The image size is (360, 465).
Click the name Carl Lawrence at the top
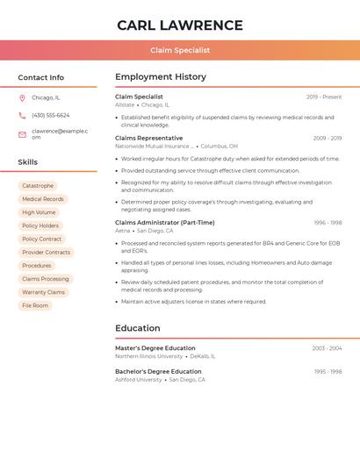pyautogui.click(x=180, y=25)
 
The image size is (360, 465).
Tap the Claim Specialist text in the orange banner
pyautogui.click(x=180, y=51)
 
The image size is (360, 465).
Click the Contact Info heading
pyautogui.click(x=40, y=77)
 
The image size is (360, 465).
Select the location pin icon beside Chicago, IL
pyautogui.click(x=22, y=98)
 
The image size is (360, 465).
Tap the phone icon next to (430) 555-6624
pyautogui.click(x=22, y=116)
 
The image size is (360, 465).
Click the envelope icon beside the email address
pyautogui.click(x=22, y=134)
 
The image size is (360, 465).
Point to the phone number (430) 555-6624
pyautogui.click(x=50, y=116)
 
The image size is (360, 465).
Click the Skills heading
pyautogui.click(x=27, y=162)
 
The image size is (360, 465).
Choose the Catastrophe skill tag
pyautogui.click(x=38, y=186)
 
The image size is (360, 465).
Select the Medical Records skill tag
pyautogui.click(x=43, y=199)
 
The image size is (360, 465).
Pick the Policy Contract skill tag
pyautogui.click(x=41, y=239)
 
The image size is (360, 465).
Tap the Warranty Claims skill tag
pyautogui.click(x=43, y=292)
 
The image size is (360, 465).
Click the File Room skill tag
pyautogui.click(x=35, y=305)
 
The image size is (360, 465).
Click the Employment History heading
pyautogui.click(x=161, y=77)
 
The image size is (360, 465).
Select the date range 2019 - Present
pyautogui.click(x=324, y=97)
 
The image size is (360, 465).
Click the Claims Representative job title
pyautogui.click(x=149, y=138)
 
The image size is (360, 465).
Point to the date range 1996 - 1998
pyautogui.click(x=328, y=223)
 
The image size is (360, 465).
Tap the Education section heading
pyautogui.click(x=138, y=328)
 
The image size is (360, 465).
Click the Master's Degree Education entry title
pyautogui.click(x=155, y=348)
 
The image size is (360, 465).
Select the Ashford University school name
pyautogui.click(x=139, y=380)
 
